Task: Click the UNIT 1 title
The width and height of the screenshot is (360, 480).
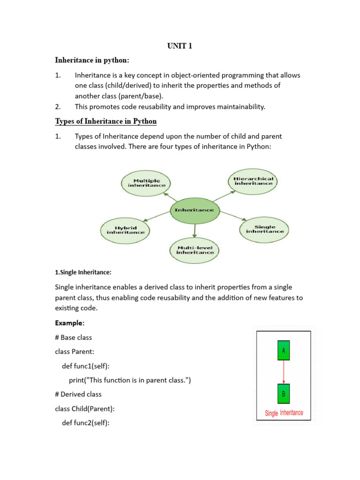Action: point(180,45)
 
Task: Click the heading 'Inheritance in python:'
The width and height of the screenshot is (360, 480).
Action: point(92,60)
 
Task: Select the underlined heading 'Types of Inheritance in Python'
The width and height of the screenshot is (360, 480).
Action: point(106,122)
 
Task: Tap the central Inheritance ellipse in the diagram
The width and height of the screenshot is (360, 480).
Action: point(194,210)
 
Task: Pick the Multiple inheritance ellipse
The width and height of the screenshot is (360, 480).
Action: point(146,183)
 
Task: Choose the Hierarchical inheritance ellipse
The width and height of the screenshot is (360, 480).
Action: point(254,181)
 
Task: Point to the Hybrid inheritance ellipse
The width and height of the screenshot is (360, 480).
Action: point(126,230)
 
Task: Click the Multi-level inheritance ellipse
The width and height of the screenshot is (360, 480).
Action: point(195,249)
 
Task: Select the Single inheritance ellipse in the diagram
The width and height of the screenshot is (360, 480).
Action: point(265,229)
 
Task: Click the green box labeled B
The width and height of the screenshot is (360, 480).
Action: point(283,394)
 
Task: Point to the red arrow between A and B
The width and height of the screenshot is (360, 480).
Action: point(283,373)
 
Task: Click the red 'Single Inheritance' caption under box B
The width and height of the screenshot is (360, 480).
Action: point(284,413)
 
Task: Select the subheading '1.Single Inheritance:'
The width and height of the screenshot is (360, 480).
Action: point(83,272)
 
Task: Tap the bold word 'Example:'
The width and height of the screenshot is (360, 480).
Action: point(70,323)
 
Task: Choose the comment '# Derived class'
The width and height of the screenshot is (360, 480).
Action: point(78,394)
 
